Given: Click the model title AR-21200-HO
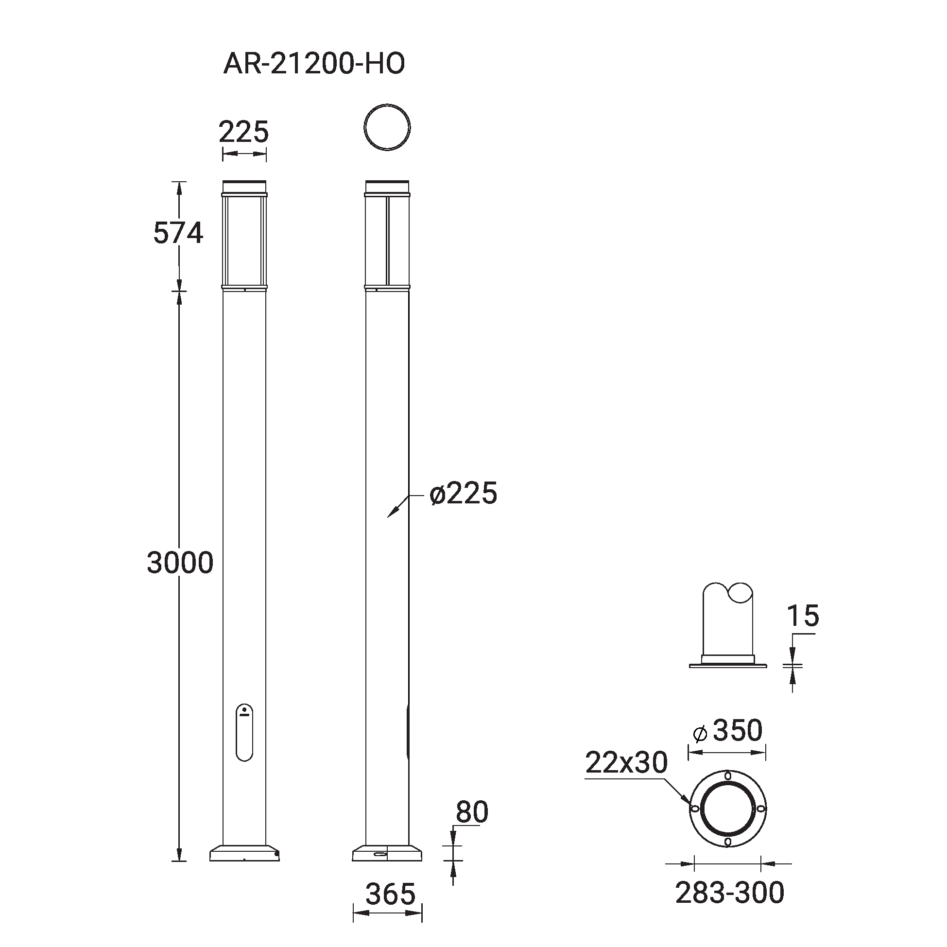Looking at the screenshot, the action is (x=314, y=64).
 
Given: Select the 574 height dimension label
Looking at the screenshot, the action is (x=178, y=233).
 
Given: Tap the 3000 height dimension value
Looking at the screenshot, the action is (x=180, y=562).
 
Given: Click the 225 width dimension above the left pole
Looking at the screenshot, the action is (x=243, y=132).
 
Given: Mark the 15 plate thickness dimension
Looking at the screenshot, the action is (x=803, y=616).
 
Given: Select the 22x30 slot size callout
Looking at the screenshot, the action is (x=626, y=762).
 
